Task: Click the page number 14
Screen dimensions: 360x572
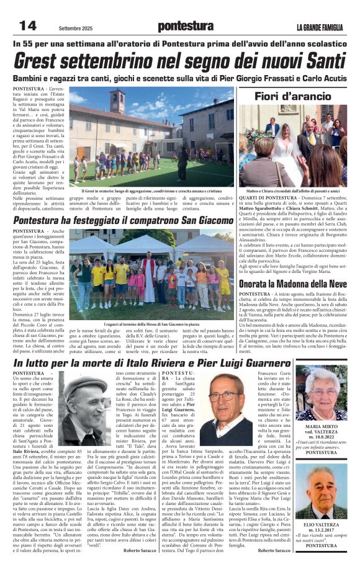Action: tap(28, 25)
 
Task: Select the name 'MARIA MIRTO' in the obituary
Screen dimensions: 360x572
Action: tap(322, 426)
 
